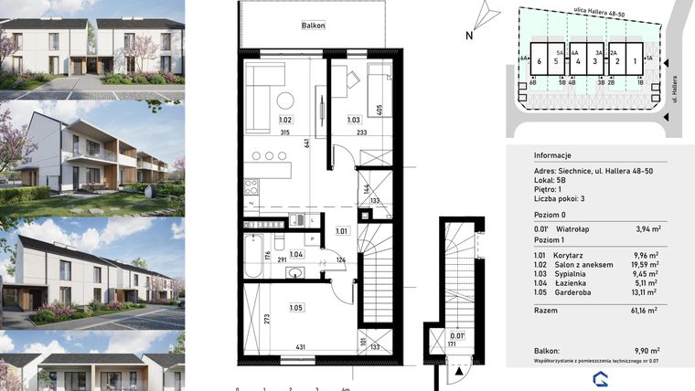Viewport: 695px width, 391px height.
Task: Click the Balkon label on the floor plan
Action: (315, 26)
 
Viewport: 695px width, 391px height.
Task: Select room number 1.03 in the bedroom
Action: (355, 120)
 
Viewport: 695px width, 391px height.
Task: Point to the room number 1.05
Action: (297, 307)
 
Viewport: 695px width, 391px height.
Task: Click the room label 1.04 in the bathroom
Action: (295, 255)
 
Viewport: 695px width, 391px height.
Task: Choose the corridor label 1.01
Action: (342, 230)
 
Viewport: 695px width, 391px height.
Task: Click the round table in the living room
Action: (285, 100)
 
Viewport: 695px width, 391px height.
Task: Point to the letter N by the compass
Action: (468, 37)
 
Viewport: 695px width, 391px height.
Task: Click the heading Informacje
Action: (552, 154)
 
